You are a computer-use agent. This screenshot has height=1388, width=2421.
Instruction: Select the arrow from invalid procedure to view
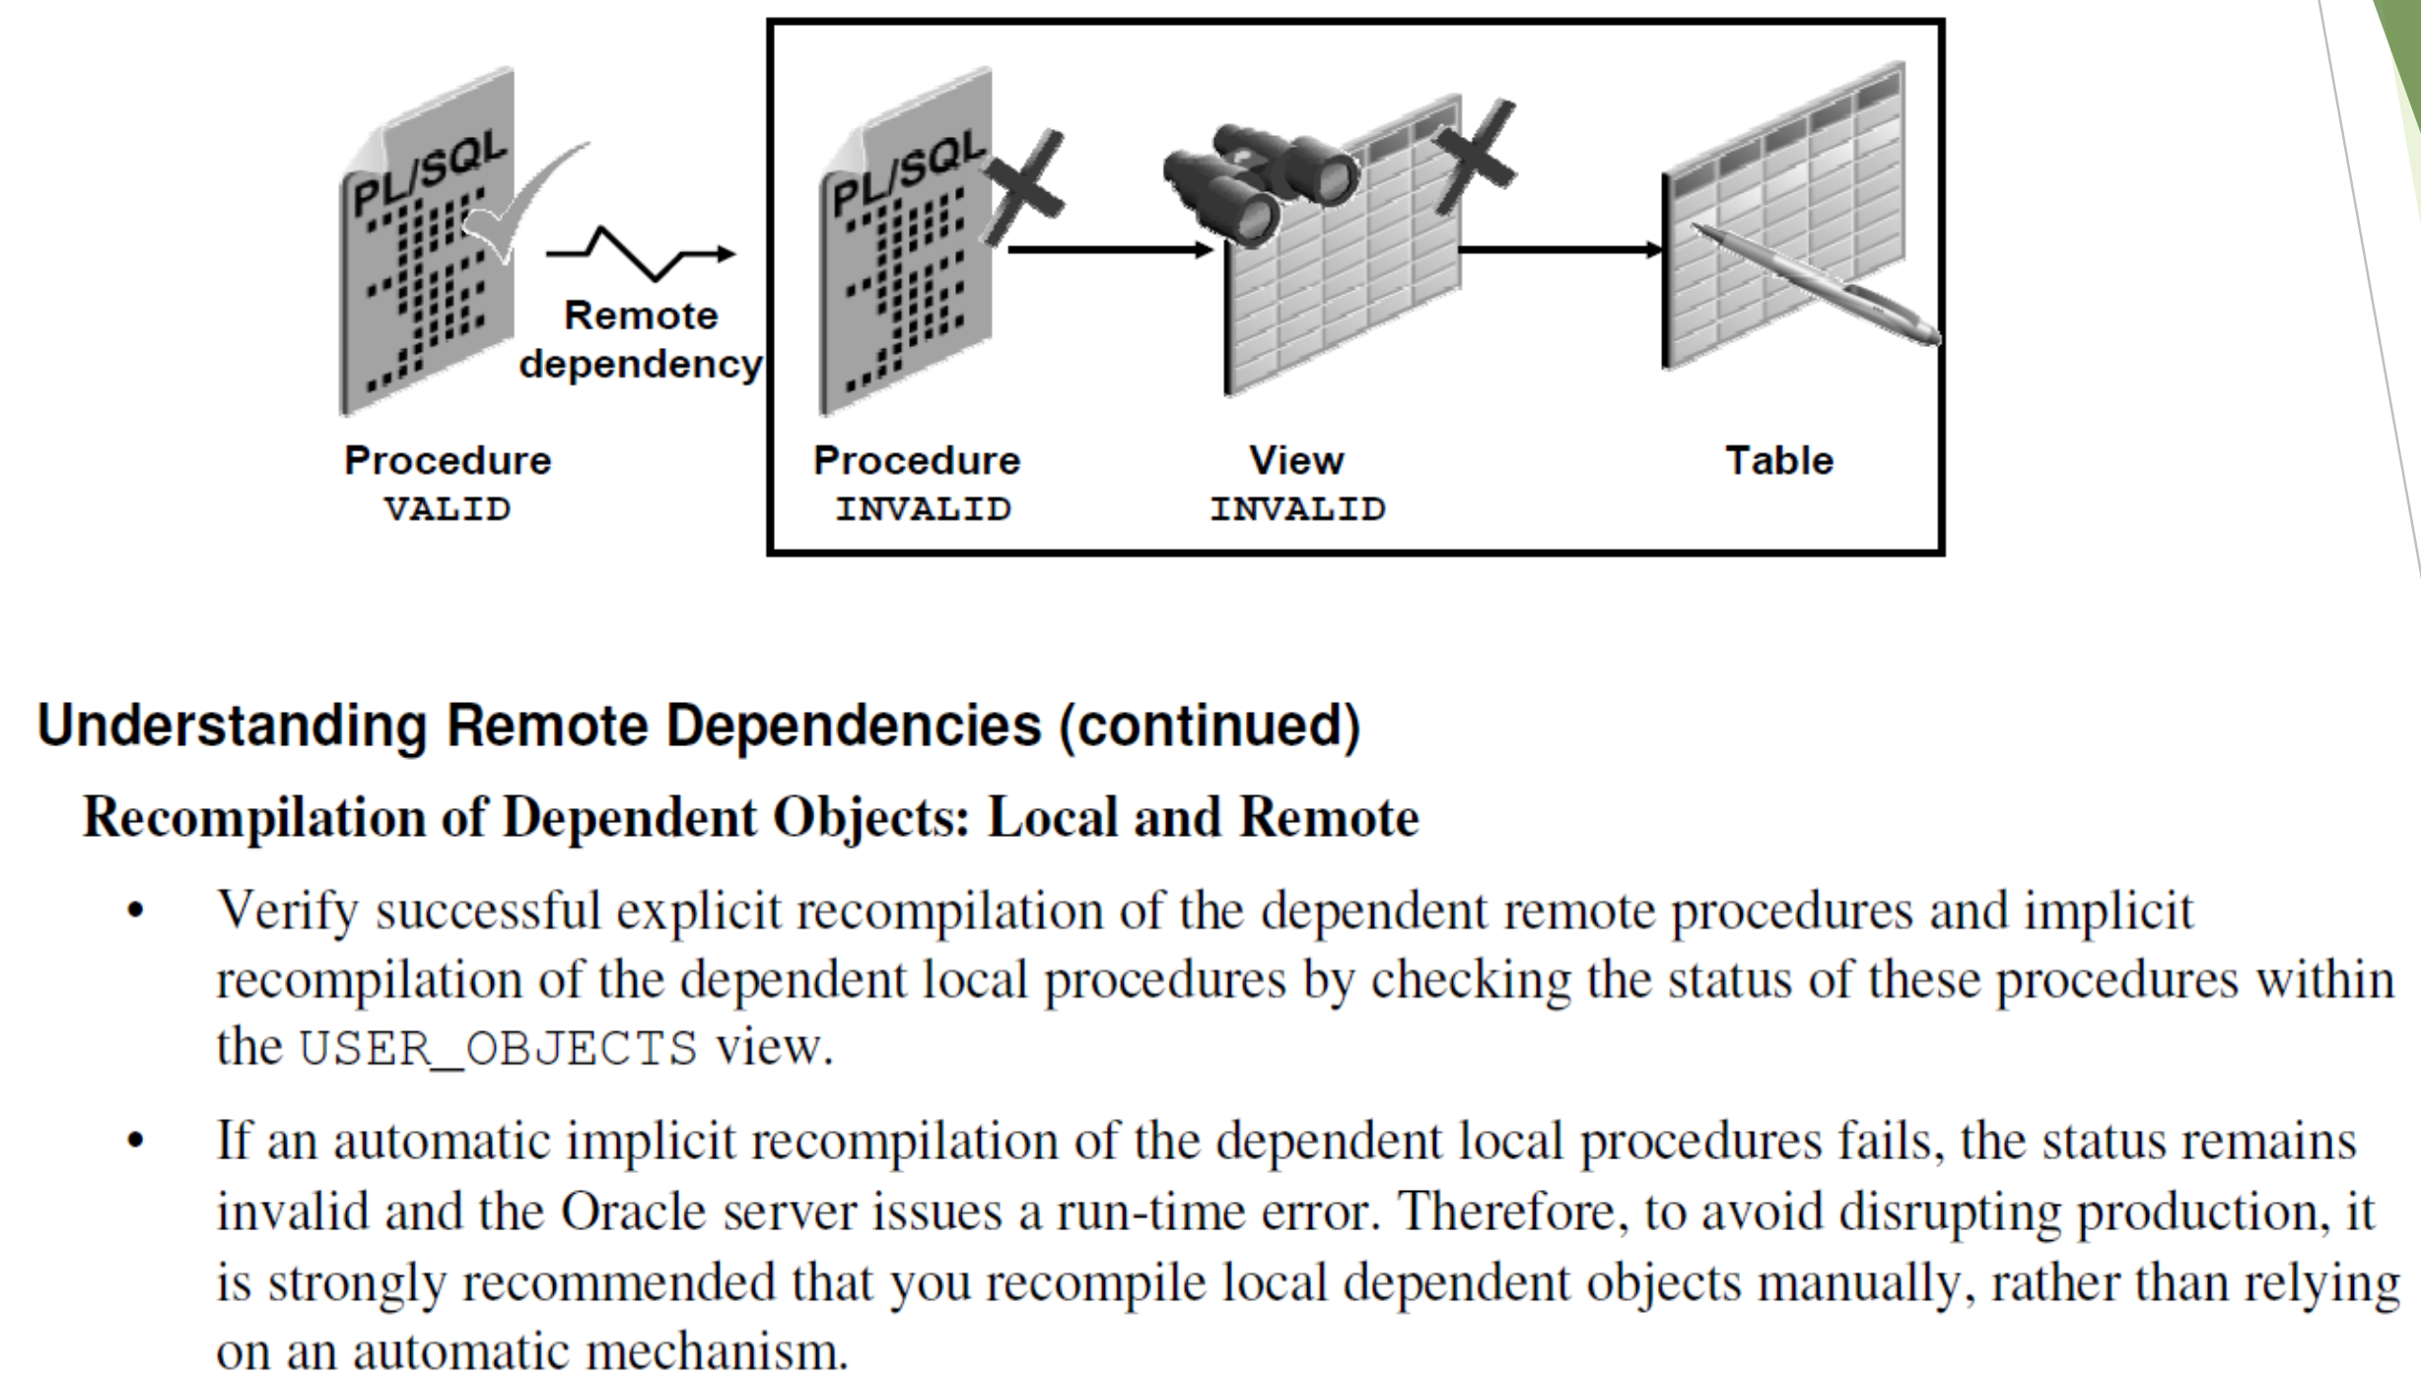[1109, 250]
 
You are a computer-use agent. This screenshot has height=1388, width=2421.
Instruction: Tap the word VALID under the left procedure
[448, 509]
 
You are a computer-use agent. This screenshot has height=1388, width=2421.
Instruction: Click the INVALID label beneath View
[1297, 509]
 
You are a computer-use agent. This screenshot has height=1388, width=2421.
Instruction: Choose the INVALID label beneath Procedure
[923, 509]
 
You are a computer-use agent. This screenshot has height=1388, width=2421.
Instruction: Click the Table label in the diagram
[1778, 460]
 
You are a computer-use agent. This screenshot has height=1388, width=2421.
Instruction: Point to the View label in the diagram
[1296, 460]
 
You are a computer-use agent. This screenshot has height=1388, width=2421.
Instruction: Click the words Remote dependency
[641, 340]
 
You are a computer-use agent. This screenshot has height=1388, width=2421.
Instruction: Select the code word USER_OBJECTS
[498, 1048]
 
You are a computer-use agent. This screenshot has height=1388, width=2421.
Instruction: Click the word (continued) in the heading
[1209, 726]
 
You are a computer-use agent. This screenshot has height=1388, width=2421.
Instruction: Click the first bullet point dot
[135, 910]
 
